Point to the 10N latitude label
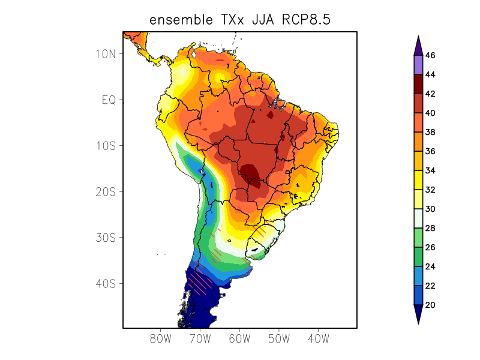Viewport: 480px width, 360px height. click(x=106, y=53)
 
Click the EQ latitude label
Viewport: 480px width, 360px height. click(x=109, y=100)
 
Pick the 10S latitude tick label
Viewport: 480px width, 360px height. click(x=106, y=146)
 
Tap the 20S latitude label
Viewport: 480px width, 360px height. click(x=106, y=191)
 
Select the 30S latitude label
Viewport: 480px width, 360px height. click(x=106, y=238)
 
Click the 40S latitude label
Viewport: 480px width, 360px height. click(x=106, y=283)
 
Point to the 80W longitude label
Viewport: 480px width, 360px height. click(x=161, y=339)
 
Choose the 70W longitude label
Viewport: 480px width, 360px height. click(x=200, y=339)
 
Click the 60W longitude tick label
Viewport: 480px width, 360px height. click(x=239, y=339)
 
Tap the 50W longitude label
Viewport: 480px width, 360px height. click(x=279, y=339)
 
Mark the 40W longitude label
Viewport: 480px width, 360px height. click(x=318, y=339)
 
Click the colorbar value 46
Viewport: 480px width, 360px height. click(x=430, y=55)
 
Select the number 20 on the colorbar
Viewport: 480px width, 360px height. click(x=430, y=305)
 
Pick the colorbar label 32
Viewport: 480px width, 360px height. click(x=430, y=190)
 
